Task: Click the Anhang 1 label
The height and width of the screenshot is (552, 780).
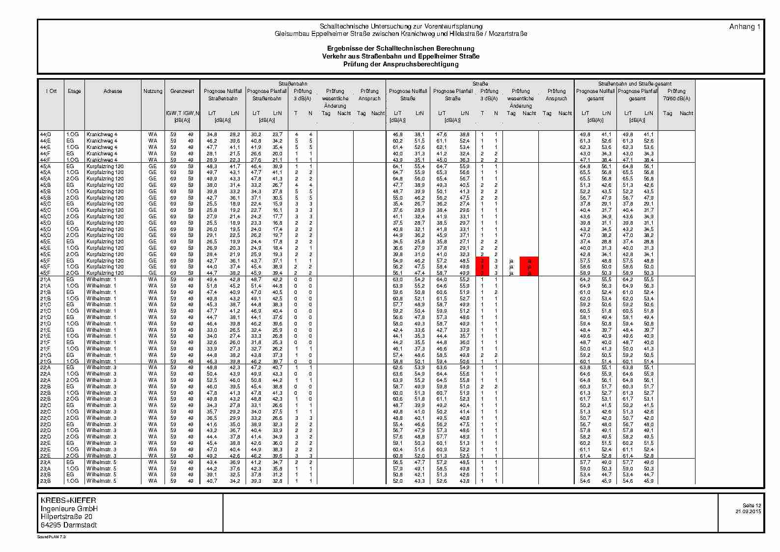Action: pos(745,27)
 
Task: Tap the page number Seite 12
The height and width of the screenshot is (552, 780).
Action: pos(752,505)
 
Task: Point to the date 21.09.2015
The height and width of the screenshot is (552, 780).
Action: pos(748,512)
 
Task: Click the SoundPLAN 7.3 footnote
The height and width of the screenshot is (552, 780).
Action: pos(52,537)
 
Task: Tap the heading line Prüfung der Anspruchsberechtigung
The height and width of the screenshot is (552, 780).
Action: pos(401,64)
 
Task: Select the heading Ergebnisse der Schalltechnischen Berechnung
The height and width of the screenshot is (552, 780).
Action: pos(401,48)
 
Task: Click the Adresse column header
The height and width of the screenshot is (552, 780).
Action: pos(113,91)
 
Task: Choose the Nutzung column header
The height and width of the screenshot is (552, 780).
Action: pos(153,91)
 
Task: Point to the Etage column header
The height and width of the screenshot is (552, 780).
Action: pos(74,91)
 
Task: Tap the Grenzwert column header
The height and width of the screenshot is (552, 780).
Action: pos(182,91)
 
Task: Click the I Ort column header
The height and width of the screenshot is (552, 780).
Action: pos(52,91)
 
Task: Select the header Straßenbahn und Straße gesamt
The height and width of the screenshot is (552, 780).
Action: pos(635,84)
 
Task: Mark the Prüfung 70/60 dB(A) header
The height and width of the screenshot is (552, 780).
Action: pos(676,94)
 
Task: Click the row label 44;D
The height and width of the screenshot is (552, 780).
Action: pos(45,134)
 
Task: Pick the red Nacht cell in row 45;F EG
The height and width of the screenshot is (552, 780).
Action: pos(529,261)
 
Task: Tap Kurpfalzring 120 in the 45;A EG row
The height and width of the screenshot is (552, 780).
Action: pos(105,166)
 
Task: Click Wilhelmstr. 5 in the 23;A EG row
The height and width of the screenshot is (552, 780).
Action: pos(102,462)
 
